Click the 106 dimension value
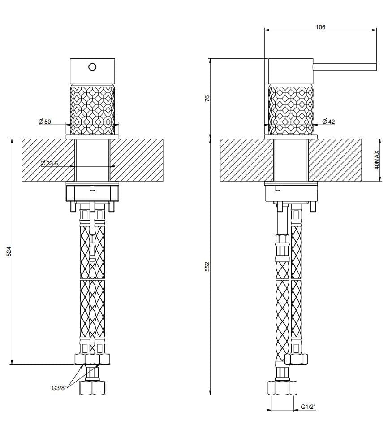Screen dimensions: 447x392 (x=320, y=27)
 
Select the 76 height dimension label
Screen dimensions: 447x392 (x=207, y=98)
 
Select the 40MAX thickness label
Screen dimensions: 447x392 (x=377, y=160)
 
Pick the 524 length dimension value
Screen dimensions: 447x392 (x=9, y=252)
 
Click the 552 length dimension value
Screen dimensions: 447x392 (x=207, y=267)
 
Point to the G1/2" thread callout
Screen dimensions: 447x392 (x=308, y=407)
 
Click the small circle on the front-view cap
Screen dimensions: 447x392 (x=92, y=67)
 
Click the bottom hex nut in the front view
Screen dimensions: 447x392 (x=92, y=388)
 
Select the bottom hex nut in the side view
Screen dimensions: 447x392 (x=282, y=388)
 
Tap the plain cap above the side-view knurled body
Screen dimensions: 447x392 (x=290, y=71)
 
